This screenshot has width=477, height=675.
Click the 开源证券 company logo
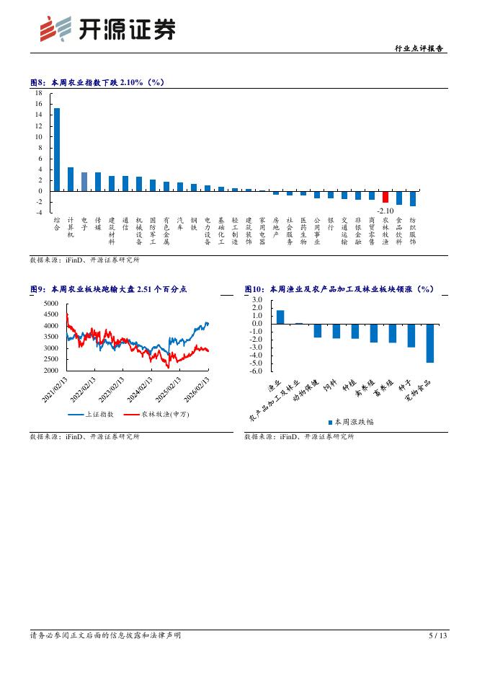pyautogui.click(x=107, y=29)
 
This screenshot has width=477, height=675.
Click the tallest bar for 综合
pyautogui.click(x=57, y=149)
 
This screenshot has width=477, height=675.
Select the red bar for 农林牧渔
pyautogui.click(x=385, y=197)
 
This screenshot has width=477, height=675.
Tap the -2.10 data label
pyautogui.click(x=385, y=210)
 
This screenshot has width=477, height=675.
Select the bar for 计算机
pyautogui.click(x=71, y=179)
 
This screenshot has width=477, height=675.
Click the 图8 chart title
pyautogui.click(x=97, y=82)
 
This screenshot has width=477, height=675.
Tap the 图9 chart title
pyautogui.click(x=108, y=289)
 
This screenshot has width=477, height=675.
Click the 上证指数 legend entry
pyautogui.click(x=85, y=415)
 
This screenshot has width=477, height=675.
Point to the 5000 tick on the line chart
pyautogui.click(x=50, y=304)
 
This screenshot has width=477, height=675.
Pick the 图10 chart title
pyautogui.click(x=339, y=289)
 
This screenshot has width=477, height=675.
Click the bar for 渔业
pyautogui.click(x=280, y=317)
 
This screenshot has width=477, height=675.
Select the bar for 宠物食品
pyautogui.click(x=429, y=343)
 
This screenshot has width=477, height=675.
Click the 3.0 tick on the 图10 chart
pyautogui.click(x=257, y=299)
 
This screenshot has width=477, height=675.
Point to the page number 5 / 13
pyautogui.click(x=438, y=635)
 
